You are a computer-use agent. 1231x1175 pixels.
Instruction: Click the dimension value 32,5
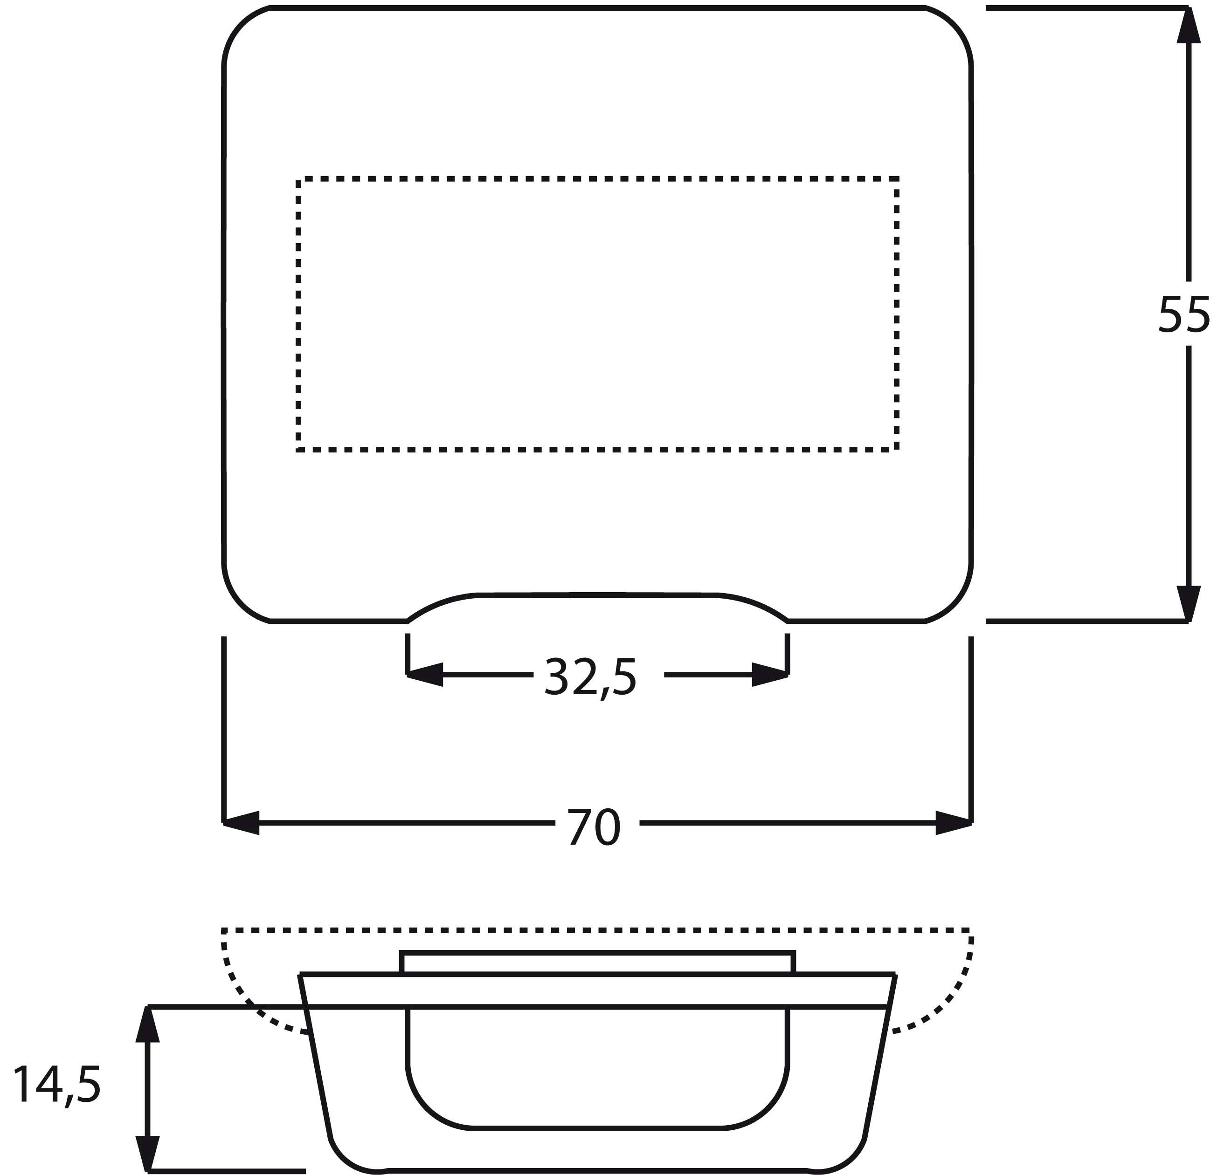(x=590, y=678)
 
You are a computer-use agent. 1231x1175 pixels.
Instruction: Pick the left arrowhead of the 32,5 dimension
(x=425, y=675)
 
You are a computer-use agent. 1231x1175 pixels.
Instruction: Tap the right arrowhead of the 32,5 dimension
(x=770, y=675)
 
